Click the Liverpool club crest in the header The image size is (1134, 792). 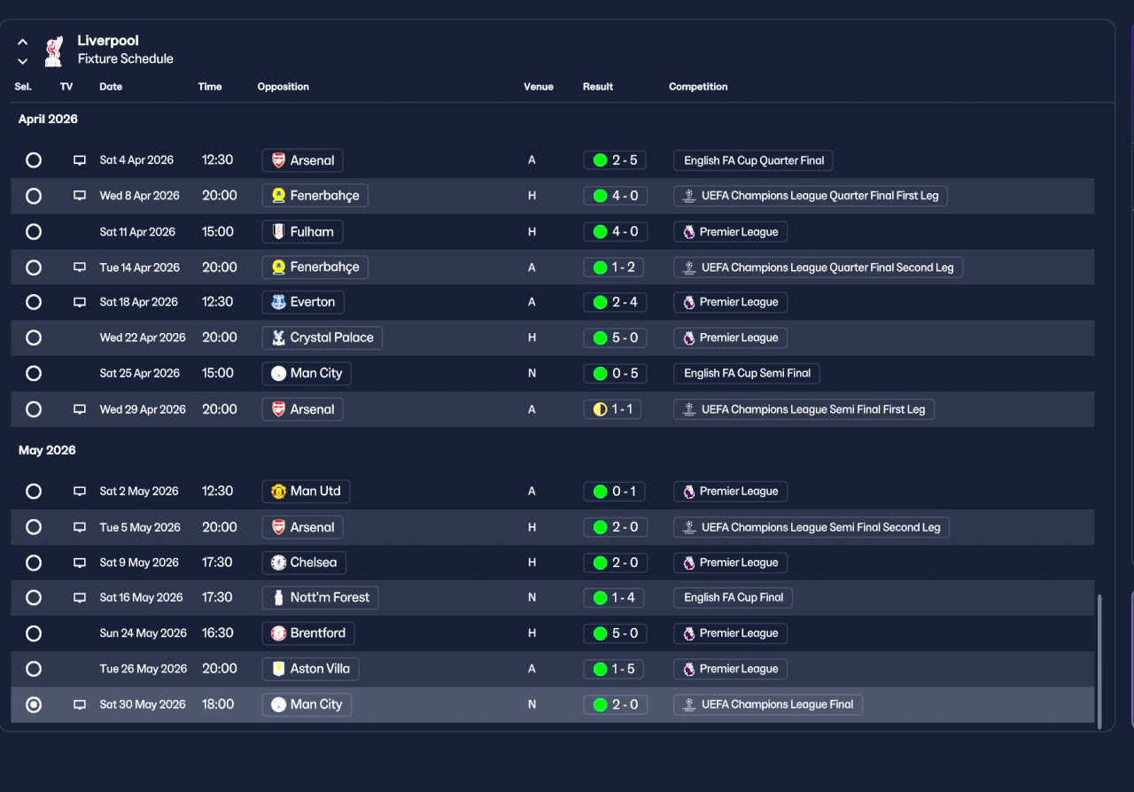53,50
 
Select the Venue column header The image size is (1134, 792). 538,87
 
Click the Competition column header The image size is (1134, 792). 698,87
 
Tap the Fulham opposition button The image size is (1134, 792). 302,232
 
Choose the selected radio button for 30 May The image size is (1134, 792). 34,705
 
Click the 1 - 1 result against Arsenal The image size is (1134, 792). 615,409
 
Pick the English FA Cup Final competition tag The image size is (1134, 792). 733,598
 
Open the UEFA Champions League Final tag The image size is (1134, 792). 767,705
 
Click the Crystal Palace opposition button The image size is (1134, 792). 322,338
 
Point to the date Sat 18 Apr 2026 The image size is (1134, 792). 138,302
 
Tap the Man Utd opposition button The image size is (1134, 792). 306,492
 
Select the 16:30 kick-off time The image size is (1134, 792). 218,633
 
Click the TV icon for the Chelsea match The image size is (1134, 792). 80,563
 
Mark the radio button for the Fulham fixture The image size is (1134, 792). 34,232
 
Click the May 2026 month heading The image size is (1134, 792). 47,451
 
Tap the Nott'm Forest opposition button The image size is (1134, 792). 320,598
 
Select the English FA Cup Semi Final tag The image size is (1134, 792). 746,374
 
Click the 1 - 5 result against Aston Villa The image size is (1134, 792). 615,670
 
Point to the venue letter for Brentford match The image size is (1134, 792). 532,633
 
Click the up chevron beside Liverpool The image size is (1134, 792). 23,42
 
